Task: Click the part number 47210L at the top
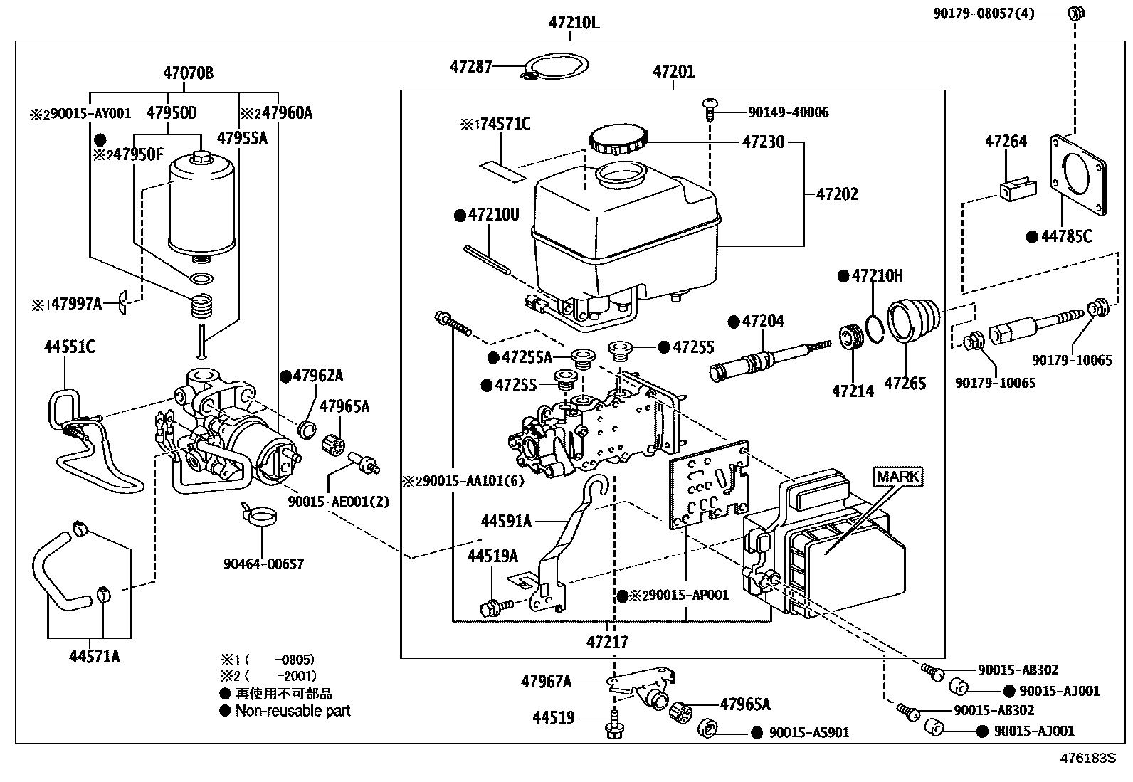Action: [574, 23]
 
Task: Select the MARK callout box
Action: [898, 476]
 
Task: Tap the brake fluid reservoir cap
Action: [618, 140]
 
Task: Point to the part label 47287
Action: [471, 67]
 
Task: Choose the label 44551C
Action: [69, 347]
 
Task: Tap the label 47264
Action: [1006, 142]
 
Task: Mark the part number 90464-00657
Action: [263, 564]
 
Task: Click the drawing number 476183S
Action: [1090, 759]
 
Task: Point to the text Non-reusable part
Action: [293, 710]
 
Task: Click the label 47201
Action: [673, 71]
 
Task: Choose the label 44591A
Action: [506, 522]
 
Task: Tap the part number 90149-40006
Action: [788, 112]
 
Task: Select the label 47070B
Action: [188, 73]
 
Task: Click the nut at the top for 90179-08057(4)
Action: [1075, 11]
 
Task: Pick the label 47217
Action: [607, 642]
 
